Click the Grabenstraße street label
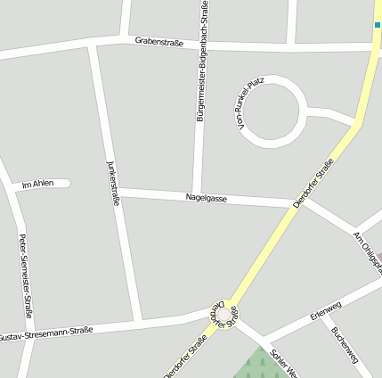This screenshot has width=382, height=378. point(158,41)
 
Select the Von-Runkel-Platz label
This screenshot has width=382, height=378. point(252,105)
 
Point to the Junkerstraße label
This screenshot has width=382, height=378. point(113,182)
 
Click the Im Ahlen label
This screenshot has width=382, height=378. point(37,184)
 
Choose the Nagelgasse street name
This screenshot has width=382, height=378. point(206,198)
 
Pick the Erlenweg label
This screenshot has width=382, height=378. point(325,312)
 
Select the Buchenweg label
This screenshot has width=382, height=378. point(345,344)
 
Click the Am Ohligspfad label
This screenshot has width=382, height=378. point(368,252)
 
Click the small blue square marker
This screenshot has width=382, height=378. point(378,25)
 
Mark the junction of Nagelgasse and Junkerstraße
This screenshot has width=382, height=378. point(118,191)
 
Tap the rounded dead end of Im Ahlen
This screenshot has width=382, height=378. point(66,184)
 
